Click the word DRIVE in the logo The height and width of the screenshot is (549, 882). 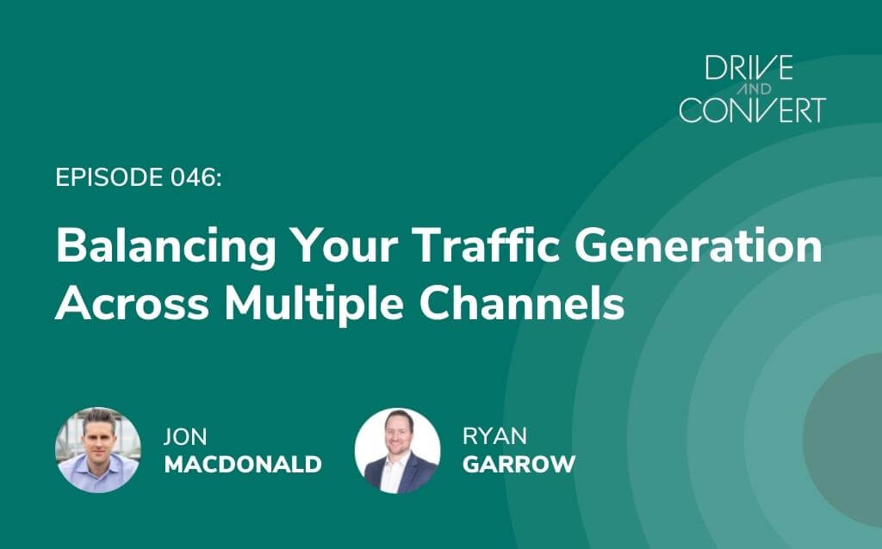pos(749,67)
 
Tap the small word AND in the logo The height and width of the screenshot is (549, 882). pos(754,89)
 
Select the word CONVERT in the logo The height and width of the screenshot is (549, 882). pos(753,109)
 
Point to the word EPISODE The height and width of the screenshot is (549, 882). pos(109,177)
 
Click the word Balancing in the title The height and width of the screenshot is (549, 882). pos(166,247)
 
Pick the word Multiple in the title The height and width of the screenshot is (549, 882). pos(314,305)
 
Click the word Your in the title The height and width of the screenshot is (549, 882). pos(345,247)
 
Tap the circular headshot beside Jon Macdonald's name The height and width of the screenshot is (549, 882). pos(98,450)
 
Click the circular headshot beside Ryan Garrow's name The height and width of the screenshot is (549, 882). pos(398,451)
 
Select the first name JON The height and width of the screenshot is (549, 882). pos(185,436)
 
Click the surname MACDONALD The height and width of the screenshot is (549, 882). pos(243,465)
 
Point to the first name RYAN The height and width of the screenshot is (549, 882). pos(494,436)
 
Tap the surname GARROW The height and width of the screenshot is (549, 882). pos(519,464)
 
